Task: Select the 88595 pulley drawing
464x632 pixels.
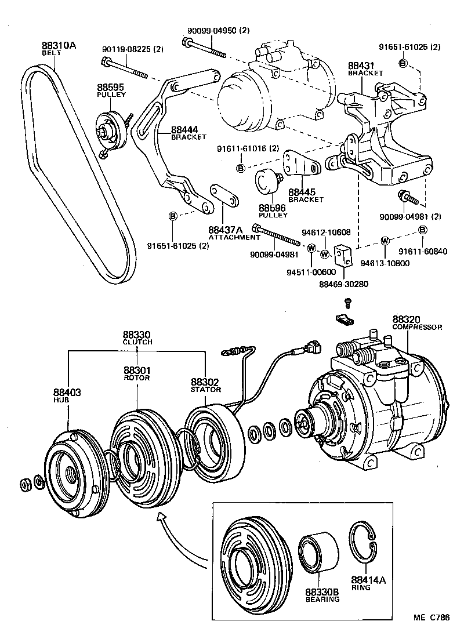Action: [x=110, y=130]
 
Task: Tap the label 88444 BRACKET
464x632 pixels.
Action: [x=188, y=133]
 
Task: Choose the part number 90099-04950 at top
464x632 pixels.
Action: [x=218, y=30]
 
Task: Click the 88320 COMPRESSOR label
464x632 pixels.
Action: [x=416, y=323]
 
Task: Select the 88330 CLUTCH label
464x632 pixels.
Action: [x=137, y=338]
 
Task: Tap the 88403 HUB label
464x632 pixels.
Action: [x=67, y=395]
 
